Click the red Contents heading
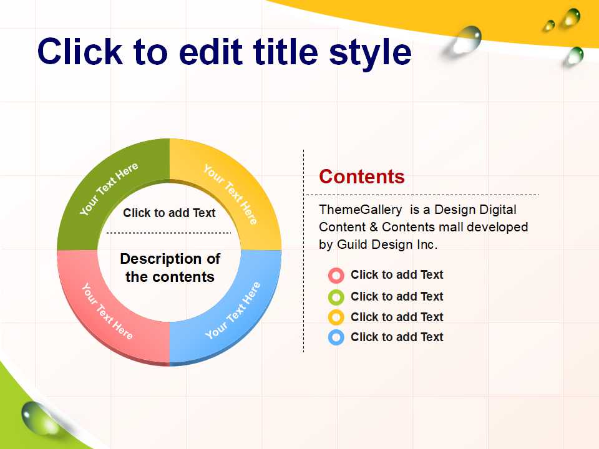point(362,176)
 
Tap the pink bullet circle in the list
point(336,275)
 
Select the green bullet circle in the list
point(336,297)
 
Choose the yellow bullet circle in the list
point(336,317)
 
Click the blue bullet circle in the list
point(336,337)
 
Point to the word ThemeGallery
point(360,210)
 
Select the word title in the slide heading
point(285,51)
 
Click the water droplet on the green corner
point(38,418)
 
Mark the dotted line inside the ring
point(168,233)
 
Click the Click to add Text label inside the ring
point(169,213)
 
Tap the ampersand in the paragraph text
point(373,227)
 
